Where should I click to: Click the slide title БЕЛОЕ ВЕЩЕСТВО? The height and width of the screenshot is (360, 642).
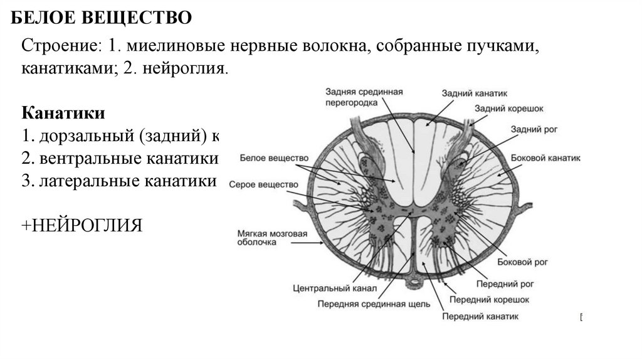(x=102, y=18)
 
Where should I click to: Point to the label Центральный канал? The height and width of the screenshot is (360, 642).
(x=334, y=289)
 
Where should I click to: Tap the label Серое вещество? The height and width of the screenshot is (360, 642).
(x=263, y=185)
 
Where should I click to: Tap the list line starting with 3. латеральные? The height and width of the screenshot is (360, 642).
(x=119, y=181)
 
